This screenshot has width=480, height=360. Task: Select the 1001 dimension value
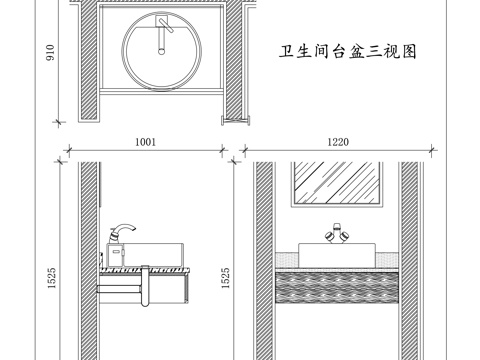click(146, 143)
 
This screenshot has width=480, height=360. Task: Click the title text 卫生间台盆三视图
click(345, 51)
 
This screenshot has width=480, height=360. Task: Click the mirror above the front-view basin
click(336, 186)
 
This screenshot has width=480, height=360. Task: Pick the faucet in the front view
click(336, 236)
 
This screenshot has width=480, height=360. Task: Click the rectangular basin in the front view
click(336, 255)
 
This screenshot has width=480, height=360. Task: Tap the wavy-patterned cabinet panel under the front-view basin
click(336, 285)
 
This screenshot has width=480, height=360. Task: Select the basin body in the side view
click(150, 254)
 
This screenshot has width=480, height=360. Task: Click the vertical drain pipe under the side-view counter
click(145, 290)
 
